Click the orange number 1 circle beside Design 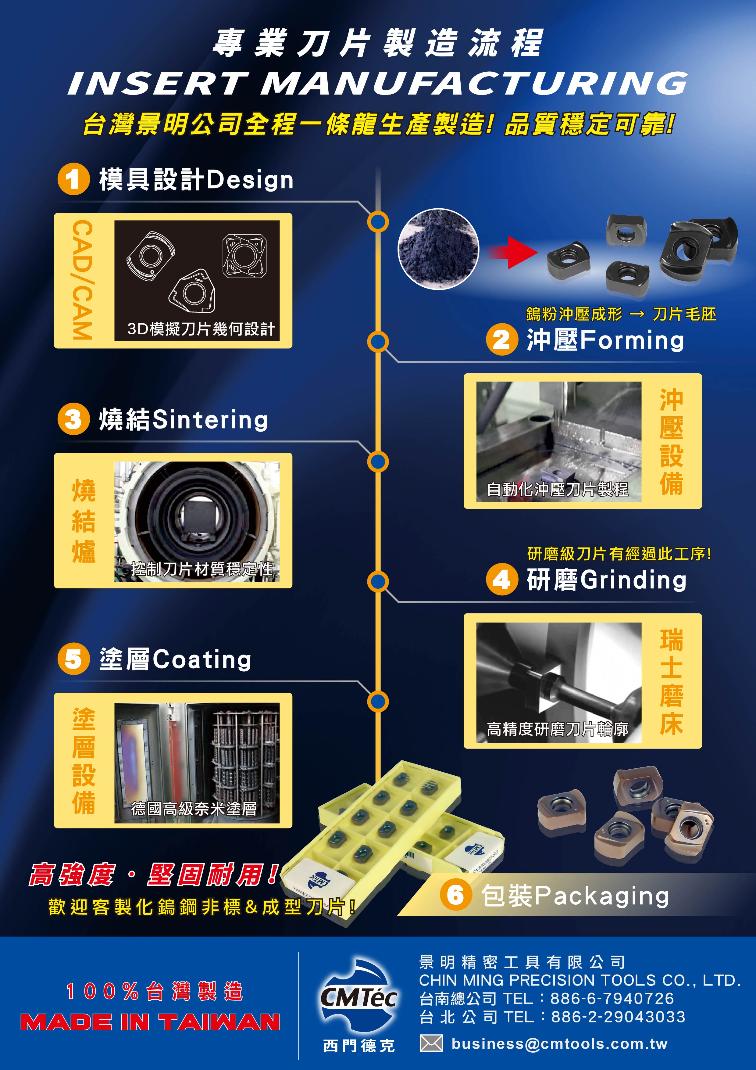[x=73, y=179]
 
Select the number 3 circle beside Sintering [x=73, y=419]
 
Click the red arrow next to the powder [x=512, y=253]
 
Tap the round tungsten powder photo [x=438, y=249]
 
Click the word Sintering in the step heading [x=210, y=419]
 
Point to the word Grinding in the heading [x=633, y=580]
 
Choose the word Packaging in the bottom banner [x=602, y=896]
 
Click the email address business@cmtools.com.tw [x=559, y=1044]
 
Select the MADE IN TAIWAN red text [x=150, y=1022]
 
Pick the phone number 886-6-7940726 [x=612, y=998]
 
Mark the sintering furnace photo [x=197, y=522]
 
